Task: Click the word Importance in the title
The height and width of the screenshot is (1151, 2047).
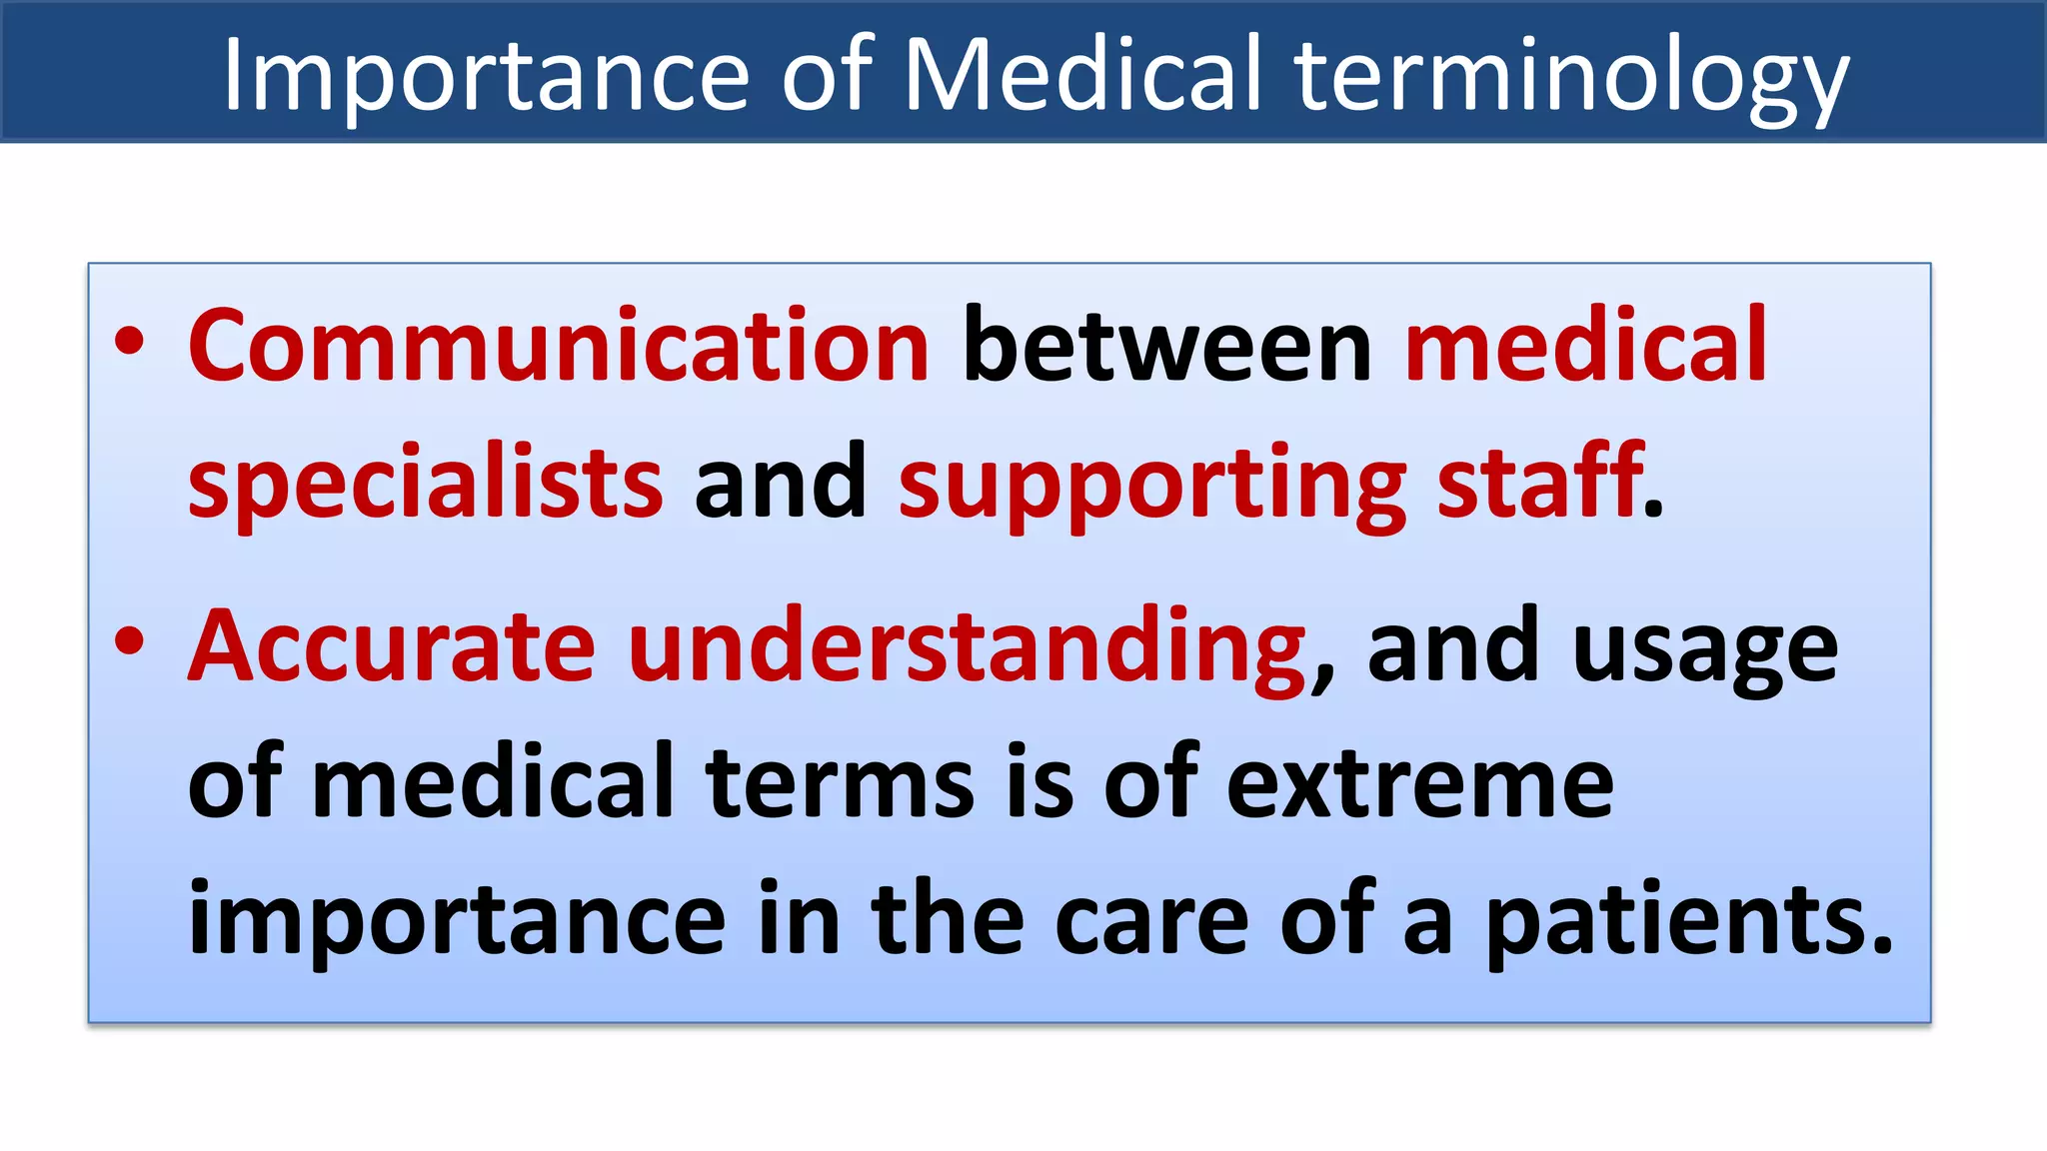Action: [485, 76]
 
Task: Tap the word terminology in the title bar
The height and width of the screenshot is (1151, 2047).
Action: [1572, 76]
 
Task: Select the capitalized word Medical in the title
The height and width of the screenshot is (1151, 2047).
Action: [1083, 74]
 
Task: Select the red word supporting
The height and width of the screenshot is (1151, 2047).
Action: [1151, 486]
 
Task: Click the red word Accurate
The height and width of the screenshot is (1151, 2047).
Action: [392, 646]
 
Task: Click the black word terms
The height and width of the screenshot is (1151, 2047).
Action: [840, 783]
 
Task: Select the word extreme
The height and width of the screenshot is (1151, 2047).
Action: [1419, 783]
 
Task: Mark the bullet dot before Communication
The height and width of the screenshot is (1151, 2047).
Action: [130, 341]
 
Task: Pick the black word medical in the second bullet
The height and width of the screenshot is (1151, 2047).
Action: [494, 783]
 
